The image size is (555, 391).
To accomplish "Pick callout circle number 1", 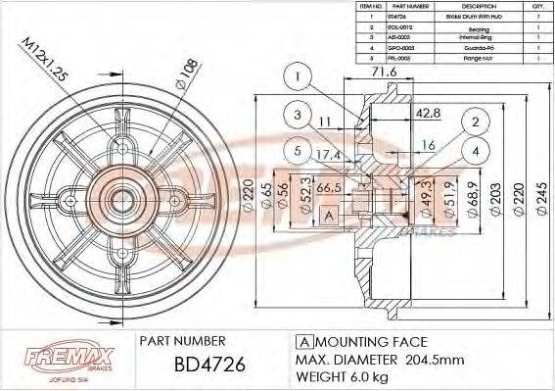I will pyautogui.click(x=301, y=76).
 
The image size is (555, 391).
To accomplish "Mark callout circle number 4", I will pyautogui.click(x=474, y=152).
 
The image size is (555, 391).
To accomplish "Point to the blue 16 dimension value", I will pyautogui.click(x=428, y=145).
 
